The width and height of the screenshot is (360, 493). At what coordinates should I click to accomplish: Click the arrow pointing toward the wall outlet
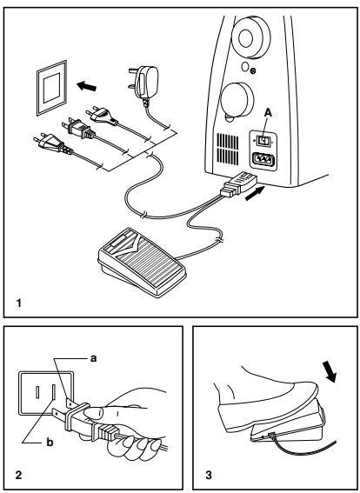point(86,86)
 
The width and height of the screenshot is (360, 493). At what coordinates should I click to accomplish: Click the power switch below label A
point(262,139)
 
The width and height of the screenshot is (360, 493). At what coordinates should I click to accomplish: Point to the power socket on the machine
point(263,161)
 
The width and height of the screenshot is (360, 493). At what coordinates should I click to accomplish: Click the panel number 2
point(18,475)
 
